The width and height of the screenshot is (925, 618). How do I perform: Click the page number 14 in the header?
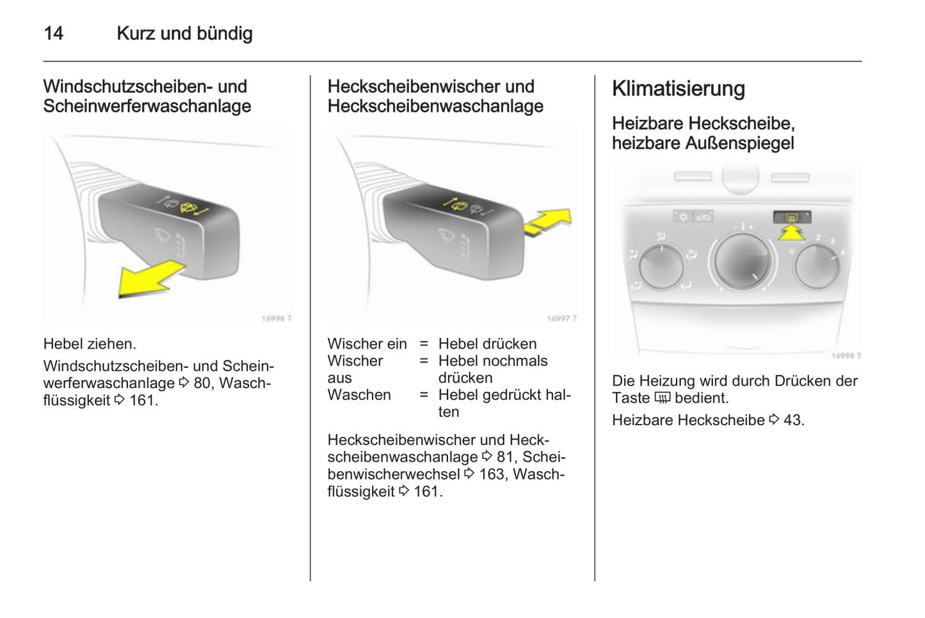(x=53, y=33)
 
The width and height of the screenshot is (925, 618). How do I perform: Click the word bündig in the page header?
(x=225, y=34)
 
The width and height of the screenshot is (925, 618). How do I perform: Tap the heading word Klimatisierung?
(x=679, y=89)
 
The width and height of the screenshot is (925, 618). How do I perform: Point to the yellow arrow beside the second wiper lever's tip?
(x=549, y=223)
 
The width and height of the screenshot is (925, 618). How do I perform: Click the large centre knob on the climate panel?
(x=743, y=261)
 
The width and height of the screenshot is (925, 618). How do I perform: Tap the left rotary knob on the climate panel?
(x=661, y=266)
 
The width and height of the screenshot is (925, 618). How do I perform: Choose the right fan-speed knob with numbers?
(x=817, y=266)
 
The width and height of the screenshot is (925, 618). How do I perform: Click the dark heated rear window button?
(x=792, y=217)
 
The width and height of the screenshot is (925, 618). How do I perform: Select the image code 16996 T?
(x=277, y=318)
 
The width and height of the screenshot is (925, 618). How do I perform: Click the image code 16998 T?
(x=846, y=355)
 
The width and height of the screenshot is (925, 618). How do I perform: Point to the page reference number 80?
(x=202, y=384)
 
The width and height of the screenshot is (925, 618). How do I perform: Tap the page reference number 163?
(x=492, y=475)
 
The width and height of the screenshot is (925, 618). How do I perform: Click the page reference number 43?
(x=792, y=420)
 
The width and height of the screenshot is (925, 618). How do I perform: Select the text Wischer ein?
(x=367, y=344)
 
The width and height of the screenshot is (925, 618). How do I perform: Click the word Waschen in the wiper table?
(x=359, y=395)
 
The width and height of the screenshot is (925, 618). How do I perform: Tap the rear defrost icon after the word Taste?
(x=663, y=398)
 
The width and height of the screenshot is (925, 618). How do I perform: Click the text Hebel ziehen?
(x=90, y=344)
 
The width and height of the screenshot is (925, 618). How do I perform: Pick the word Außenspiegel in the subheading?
(x=739, y=143)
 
